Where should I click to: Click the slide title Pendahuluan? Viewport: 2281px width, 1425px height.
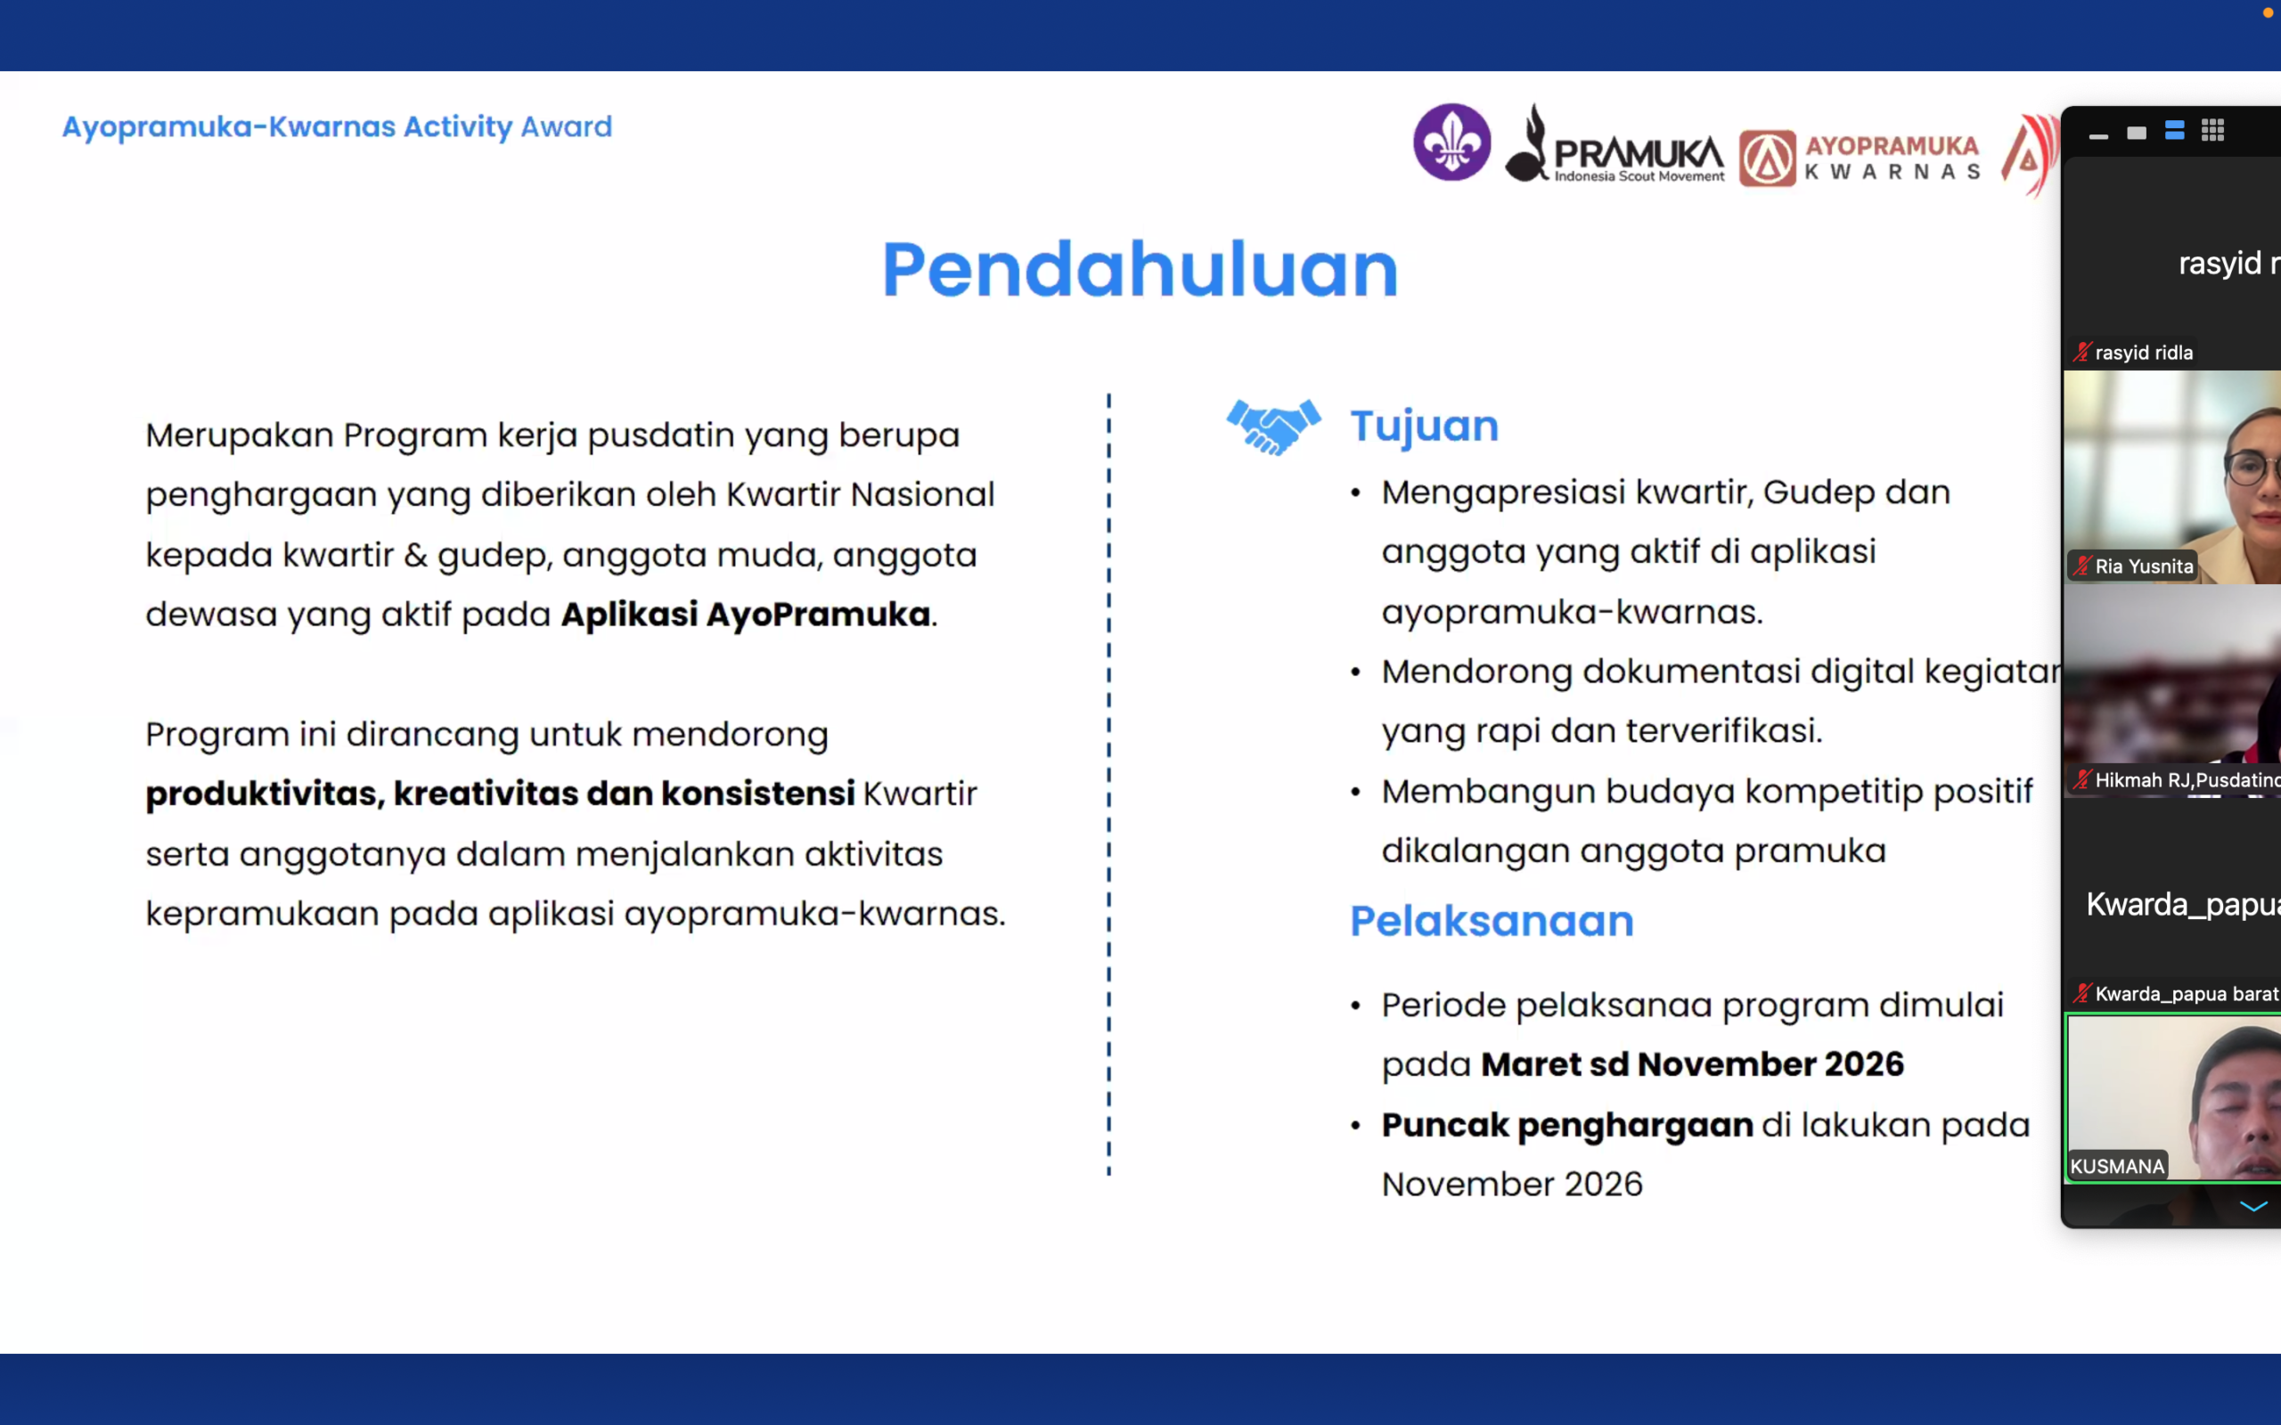pyautogui.click(x=1140, y=270)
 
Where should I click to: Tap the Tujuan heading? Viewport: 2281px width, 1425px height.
pyautogui.click(x=1424, y=427)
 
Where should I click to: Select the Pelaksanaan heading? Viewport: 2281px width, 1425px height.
pyautogui.click(x=1492, y=921)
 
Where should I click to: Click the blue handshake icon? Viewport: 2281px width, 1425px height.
pyautogui.click(x=1273, y=427)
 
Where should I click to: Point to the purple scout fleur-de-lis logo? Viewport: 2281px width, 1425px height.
pyautogui.click(x=1451, y=142)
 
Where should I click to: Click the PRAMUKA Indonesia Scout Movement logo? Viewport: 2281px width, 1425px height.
pyautogui.click(x=1615, y=143)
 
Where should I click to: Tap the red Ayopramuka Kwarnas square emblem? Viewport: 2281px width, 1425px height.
pyautogui.click(x=1767, y=158)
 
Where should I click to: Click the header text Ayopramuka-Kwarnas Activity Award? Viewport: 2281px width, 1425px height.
pyautogui.click(x=338, y=126)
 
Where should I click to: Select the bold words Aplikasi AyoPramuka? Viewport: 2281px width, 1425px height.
pyautogui.click(x=746, y=615)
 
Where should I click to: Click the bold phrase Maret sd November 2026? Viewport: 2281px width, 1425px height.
pyautogui.click(x=1692, y=1064)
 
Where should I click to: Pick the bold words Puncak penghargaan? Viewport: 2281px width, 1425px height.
pyautogui.click(x=1566, y=1125)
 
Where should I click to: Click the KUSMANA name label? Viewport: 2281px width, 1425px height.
pyautogui.click(x=2117, y=1166)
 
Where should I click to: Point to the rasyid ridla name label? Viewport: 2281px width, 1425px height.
pyautogui.click(x=2142, y=353)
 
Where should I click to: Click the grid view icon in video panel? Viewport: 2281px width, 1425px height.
pyautogui.click(x=2212, y=131)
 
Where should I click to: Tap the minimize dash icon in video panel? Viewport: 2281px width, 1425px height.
pyautogui.click(x=2098, y=136)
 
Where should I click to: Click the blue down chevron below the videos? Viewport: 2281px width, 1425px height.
pyautogui.click(x=2252, y=1206)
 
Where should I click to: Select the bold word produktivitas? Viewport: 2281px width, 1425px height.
pyautogui.click(x=261, y=794)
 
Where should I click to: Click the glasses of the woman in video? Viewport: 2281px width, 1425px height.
pyautogui.click(x=2253, y=466)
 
